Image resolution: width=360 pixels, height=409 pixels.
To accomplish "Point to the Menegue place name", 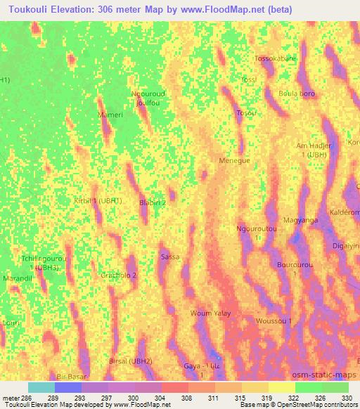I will point(235,160).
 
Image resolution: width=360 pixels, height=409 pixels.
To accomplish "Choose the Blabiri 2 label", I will point(153,202).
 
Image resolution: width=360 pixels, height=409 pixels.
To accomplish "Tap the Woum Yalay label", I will point(211,313).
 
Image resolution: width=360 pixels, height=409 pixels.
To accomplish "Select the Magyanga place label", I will point(300,220).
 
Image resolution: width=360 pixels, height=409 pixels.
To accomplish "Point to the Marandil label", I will point(19,278).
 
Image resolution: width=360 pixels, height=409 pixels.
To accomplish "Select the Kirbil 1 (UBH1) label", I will point(98,200).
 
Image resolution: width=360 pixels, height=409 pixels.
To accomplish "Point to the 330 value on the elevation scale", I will point(347,396).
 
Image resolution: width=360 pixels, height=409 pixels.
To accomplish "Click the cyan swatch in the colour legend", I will point(41,387).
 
